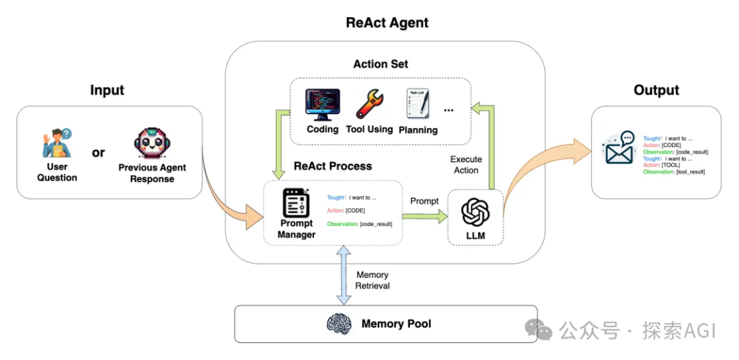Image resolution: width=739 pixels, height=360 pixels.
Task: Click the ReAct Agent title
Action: [x=387, y=23]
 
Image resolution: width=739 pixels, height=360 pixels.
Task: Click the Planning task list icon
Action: [x=417, y=105]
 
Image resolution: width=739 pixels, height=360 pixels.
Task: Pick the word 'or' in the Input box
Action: [x=99, y=153]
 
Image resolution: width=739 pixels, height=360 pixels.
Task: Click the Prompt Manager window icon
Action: [x=296, y=203]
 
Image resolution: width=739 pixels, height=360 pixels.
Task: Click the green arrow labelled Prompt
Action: [x=424, y=216]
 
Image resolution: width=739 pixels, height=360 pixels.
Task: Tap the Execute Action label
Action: [x=466, y=164]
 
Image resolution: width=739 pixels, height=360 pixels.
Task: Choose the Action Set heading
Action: [x=380, y=64]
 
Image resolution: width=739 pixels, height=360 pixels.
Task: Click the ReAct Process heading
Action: [x=333, y=166]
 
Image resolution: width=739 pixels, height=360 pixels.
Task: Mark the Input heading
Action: [x=107, y=90]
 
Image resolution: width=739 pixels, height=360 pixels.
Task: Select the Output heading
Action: [x=656, y=90]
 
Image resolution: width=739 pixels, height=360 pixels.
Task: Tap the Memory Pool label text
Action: [x=396, y=324]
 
